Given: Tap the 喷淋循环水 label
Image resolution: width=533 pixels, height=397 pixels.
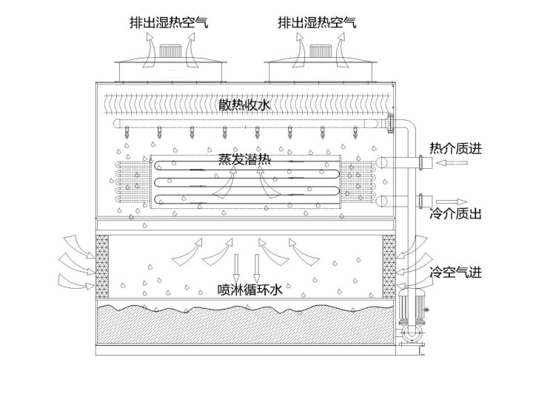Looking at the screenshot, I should click(x=245, y=290).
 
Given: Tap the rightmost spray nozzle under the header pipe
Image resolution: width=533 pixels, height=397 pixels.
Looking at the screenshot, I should click(x=355, y=134).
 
